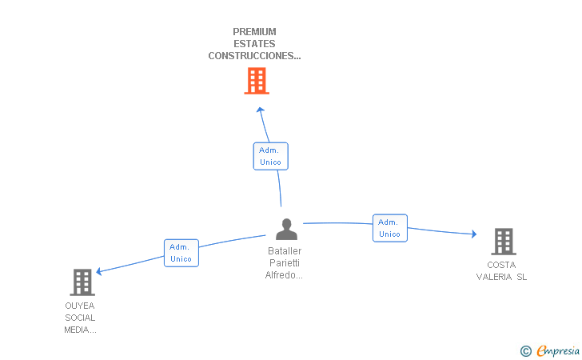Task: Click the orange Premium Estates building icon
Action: point(256,81)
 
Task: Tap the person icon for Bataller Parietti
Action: point(286,230)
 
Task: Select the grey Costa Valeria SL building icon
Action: point(503,241)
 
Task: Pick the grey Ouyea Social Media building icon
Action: point(82,282)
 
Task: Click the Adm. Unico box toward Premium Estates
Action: point(270,156)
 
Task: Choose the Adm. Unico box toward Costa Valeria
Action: point(389,228)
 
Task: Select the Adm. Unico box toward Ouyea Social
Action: point(181,253)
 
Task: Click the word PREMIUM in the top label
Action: point(254,32)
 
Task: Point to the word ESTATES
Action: point(254,44)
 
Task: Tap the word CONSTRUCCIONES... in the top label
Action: point(254,56)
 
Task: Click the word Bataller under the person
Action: point(285,251)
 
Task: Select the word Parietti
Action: point(285,263)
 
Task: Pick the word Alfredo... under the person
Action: point(285,275)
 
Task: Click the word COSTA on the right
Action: point(501,265)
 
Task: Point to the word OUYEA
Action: point(80,306)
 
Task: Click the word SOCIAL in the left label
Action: point(80,318)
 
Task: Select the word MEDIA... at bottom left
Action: point(80,330)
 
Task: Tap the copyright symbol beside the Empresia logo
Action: point(525,350)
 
